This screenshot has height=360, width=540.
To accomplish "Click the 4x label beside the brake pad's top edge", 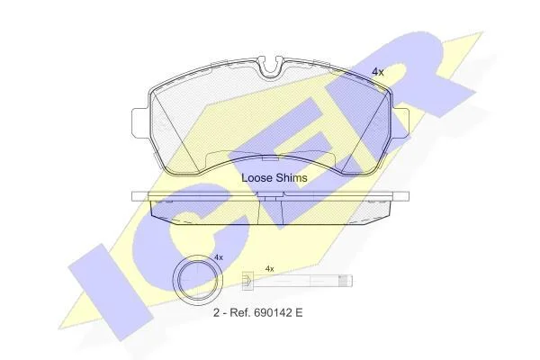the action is (377, 72).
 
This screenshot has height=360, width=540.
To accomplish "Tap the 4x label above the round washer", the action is (219, 257).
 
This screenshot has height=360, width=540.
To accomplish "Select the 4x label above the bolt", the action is (270, 269).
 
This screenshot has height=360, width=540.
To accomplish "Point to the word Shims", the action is (291, 178).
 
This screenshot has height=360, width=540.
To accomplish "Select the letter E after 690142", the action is (298, 313).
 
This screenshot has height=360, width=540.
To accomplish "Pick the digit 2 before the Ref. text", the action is (216, 313).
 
